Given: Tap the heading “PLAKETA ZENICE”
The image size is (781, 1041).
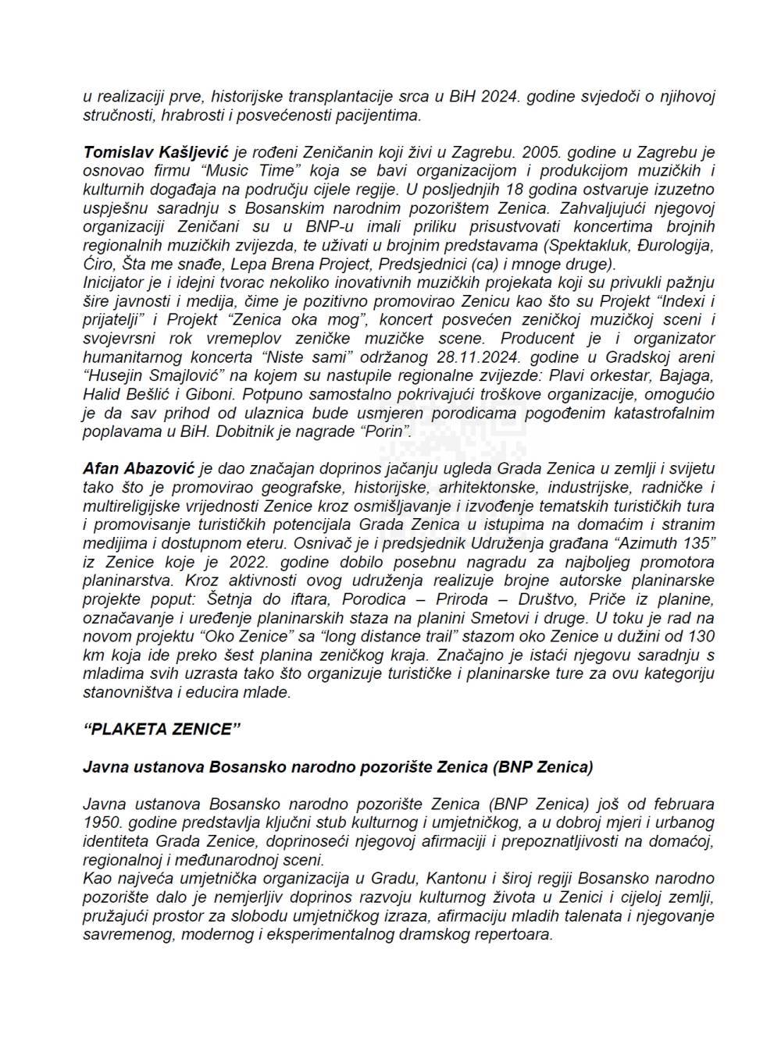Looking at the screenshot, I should coord(158,730).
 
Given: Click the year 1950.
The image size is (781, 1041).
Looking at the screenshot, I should coord(101,822).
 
